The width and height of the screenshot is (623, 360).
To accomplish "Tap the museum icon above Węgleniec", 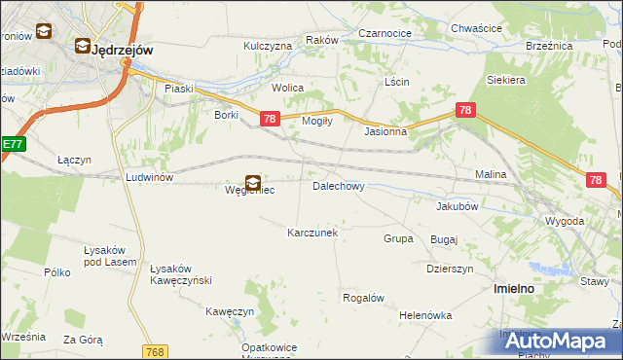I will pyautogui.click(x=252, y=181).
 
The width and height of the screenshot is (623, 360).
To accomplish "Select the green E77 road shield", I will pyautogui.click(x=11, y=145).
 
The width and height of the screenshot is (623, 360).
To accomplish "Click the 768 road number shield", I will pyautogui.click(x=154, y=351).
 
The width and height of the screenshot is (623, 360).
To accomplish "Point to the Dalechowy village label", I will pyautogui.click(x=338, y=185).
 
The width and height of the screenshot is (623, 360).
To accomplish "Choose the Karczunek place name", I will pyautogui.click(x=311, y=234).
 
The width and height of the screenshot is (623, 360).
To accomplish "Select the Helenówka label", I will pyautogui.click(x=425, y=315).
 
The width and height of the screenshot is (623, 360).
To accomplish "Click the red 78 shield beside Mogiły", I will pyautogui.click(x=271, y=119).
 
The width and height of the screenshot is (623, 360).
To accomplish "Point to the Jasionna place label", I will pyautogui.click(x=385, y=131).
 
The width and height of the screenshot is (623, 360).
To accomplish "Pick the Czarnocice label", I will pyautogui.click(x=385, y=33).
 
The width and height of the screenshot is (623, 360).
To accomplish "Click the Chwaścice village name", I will pyautogui.click(x=476, y=29).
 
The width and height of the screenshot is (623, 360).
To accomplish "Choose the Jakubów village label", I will pyautogui.click(x=457, y=206).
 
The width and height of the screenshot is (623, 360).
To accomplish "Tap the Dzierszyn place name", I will pyautogui.click(x=450, y=269).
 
